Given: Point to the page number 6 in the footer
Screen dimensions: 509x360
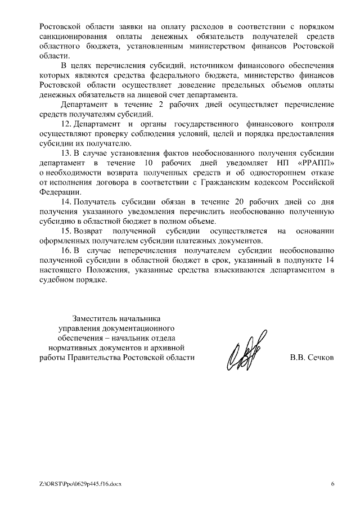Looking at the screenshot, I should point(332,483).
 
